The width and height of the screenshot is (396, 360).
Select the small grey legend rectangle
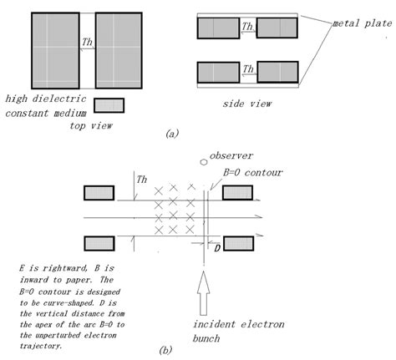[109, 105]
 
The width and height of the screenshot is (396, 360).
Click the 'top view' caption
[94, 124]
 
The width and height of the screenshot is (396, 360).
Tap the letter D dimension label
[217, 248]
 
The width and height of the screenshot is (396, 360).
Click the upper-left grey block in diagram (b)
[99, 194]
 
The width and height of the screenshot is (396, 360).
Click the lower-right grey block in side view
[277, 72]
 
